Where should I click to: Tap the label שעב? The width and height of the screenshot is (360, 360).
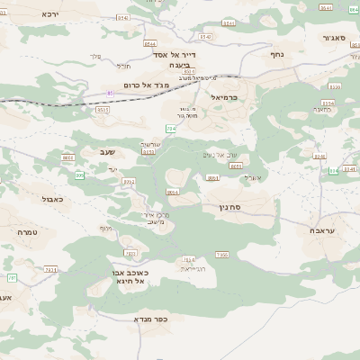point(106,154)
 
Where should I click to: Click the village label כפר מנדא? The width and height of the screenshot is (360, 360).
point(150,318)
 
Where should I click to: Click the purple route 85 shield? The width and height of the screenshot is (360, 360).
point(111,93)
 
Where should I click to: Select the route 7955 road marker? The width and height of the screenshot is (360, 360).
point(221,256)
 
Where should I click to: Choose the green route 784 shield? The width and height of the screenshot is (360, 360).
point(170,130)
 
